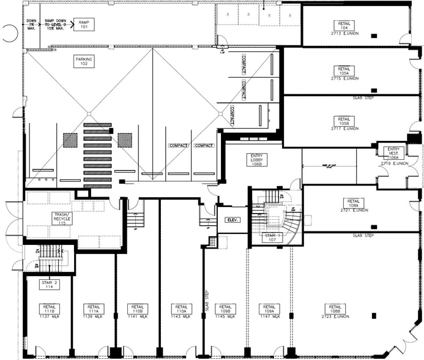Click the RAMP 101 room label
pos(84,24)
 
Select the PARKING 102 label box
pos(84,62)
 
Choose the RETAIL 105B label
pos(343,121)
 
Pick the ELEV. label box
pos(231,220)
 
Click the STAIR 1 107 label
pos(271,237)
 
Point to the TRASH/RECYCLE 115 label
pos(59,219)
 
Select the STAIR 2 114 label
pos(50,284)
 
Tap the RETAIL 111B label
pos(50,308)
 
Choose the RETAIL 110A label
pos(181,308)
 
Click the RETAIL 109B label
pos(225,308)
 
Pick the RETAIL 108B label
pos(335,308)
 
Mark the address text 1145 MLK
pos(225,317)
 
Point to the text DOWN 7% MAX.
pos(32,24)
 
